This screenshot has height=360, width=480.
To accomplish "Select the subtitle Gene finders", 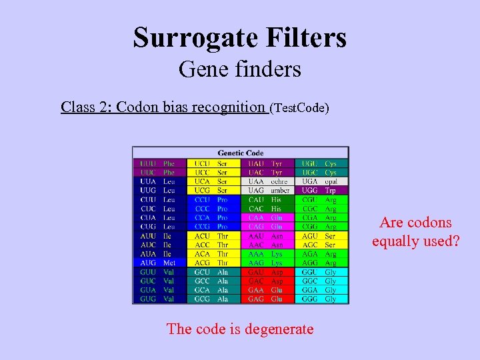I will [240, 69].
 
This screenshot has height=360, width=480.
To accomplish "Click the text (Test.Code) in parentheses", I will [299, 107].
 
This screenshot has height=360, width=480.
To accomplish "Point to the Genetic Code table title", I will [241, 153].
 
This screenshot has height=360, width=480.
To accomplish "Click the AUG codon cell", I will [148, 263].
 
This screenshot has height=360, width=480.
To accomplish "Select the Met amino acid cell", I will [170, 263].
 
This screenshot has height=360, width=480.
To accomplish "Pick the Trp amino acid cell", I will [331, 191].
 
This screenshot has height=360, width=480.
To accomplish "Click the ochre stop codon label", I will [279, 181].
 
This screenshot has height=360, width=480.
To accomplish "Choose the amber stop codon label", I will [280, 191].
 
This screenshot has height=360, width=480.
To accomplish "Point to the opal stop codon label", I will [331, 181].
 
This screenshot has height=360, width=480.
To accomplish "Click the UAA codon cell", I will [256, 181].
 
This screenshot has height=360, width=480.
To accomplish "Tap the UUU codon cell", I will [148, 163].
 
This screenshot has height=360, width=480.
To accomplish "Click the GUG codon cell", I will [148, 299].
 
